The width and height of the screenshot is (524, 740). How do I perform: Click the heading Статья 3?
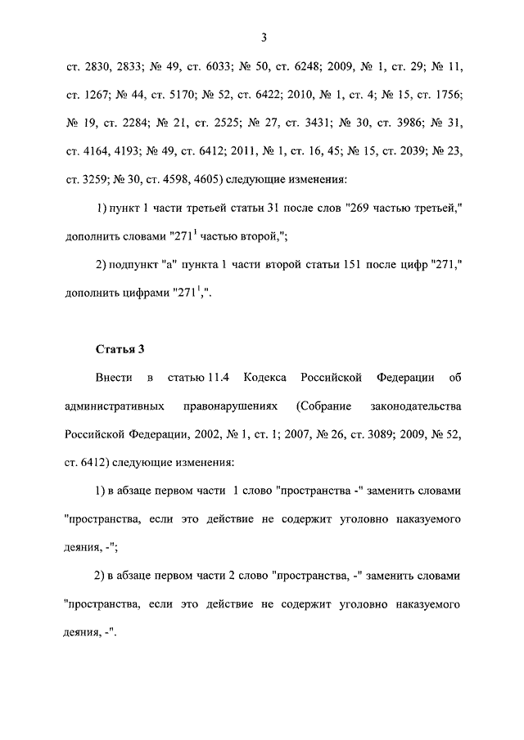click(119, 350)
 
